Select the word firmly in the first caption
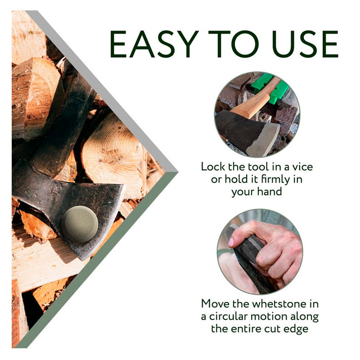268,179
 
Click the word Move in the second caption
216,303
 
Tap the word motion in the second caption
291,316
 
